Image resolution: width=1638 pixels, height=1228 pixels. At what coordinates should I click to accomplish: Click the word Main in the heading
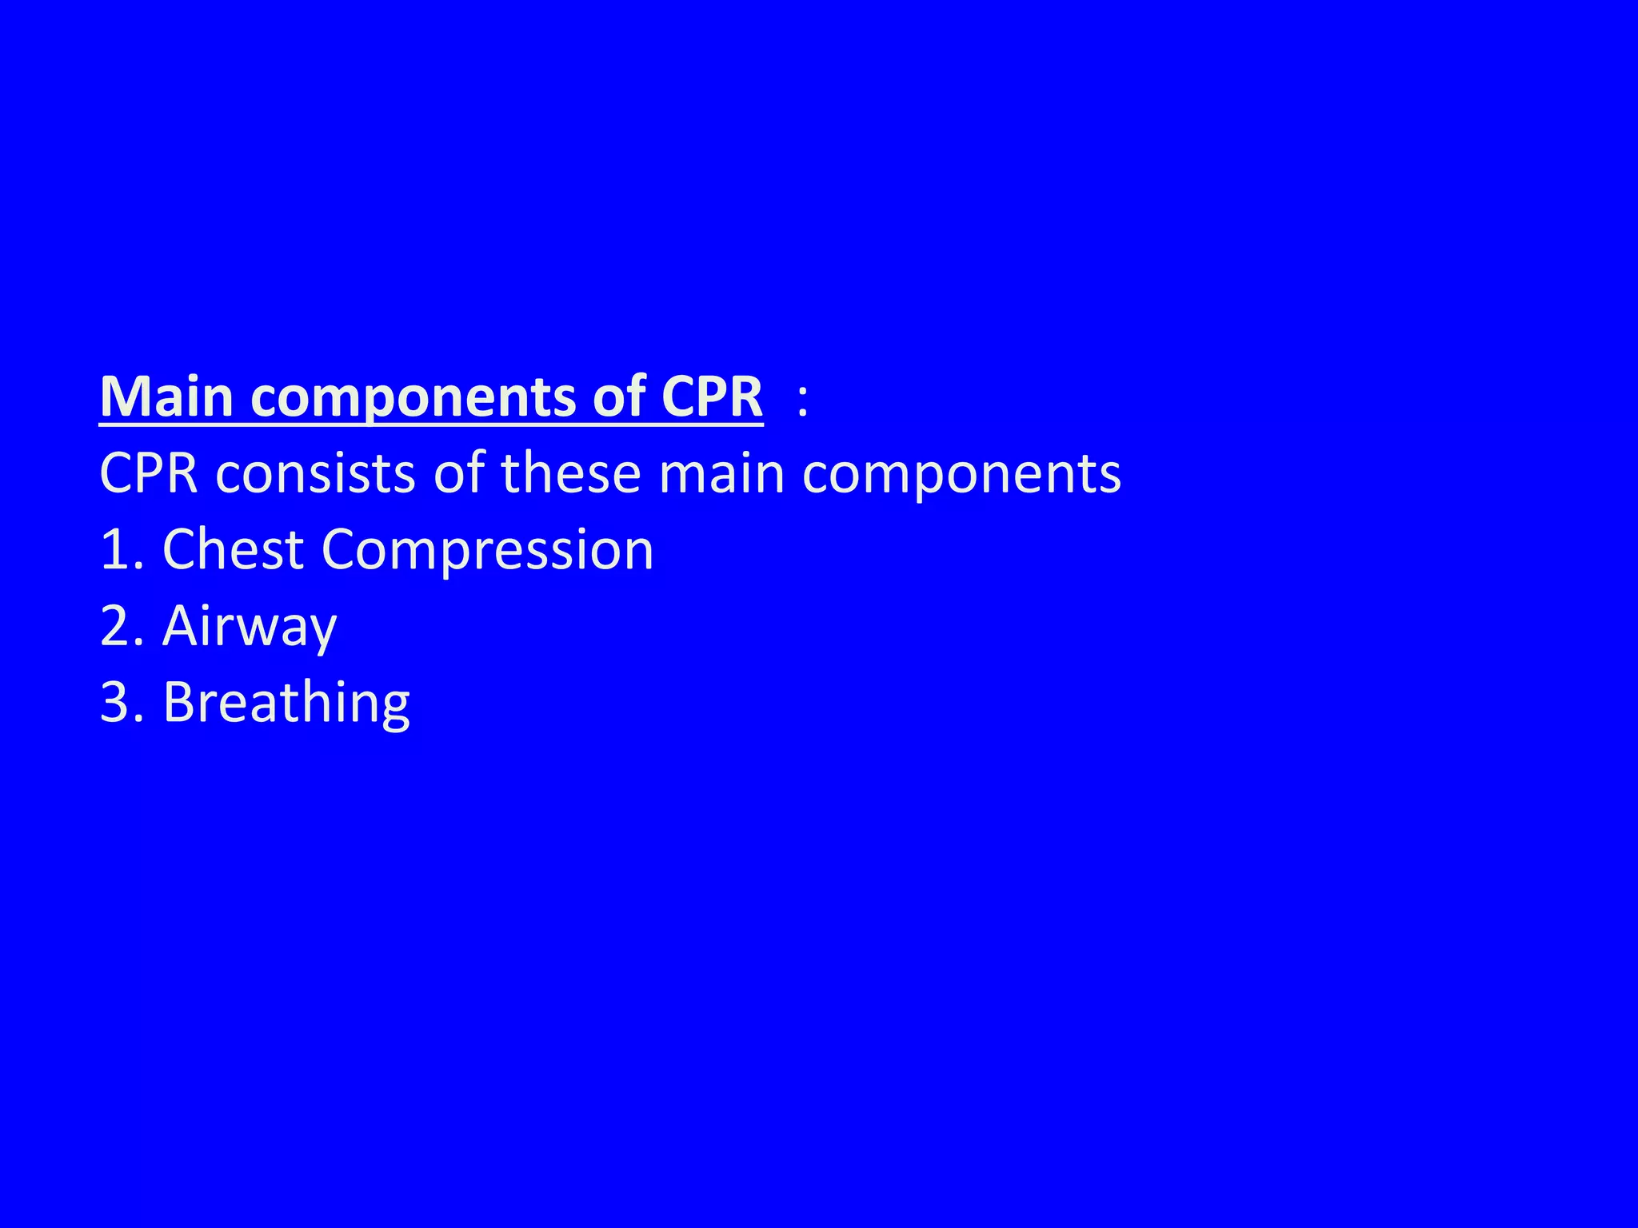tap(166, 397)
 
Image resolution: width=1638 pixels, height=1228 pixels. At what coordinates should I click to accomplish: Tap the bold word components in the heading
tap(414, 398)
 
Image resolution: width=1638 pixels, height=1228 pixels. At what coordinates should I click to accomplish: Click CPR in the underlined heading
tap(712, 397)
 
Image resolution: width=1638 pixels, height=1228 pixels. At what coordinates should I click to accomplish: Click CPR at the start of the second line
tap(149, 473)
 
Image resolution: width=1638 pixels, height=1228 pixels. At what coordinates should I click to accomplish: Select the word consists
tap(317, 473)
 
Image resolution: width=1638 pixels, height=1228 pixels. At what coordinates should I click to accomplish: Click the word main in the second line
tap(721, 473)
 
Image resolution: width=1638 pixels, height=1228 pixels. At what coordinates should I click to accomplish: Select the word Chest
tap(233, 550)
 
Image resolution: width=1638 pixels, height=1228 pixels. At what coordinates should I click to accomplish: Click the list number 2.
tap(115, 626)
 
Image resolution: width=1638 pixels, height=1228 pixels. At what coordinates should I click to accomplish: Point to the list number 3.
tap(115, 703)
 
